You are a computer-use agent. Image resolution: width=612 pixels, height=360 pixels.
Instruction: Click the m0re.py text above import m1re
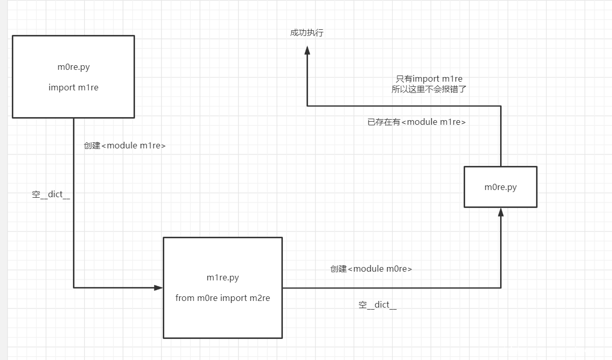[x=73, y=67]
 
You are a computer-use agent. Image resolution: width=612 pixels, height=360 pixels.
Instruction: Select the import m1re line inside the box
[x=73, y=87]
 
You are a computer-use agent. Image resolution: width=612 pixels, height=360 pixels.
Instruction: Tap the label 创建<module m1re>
[x=125, y=145]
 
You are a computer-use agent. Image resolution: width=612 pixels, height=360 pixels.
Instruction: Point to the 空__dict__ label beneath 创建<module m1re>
[x=51, y=195]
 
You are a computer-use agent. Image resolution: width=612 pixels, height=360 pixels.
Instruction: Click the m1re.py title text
[x=223, y=278]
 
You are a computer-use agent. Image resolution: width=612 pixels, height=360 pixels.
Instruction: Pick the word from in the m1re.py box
[x=185, y=298]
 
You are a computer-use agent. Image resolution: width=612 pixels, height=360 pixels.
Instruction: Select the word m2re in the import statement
[x=260, y=298]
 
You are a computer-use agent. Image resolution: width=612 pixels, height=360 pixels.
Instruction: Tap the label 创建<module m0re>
[x=371, y=269]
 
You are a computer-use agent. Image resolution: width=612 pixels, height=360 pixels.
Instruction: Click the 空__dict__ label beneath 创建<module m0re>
[x=377, y=305]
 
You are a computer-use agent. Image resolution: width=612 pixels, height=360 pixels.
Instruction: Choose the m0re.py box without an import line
[x=501, y=187]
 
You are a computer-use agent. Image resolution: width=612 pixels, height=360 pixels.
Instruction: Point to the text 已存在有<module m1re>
[x=417, y=122]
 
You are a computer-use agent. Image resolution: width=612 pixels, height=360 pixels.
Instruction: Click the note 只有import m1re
[x=429, y=79]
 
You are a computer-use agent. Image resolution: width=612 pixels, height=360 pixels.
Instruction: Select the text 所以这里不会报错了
[x=429, y=89]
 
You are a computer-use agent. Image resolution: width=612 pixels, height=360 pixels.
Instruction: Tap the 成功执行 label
[x=307, y=33]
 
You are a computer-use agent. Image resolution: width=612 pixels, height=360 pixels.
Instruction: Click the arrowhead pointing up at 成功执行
[x=307, y=50]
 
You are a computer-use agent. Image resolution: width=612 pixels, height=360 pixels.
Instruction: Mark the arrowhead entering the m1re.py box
[x=159, y=288]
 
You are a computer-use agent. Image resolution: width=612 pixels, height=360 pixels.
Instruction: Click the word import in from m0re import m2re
[x=234, y=298]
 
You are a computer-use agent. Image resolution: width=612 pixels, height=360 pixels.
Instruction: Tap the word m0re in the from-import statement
[x=207, y=298]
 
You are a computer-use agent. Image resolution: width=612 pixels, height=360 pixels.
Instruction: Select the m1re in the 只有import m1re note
[x=452, y=79]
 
